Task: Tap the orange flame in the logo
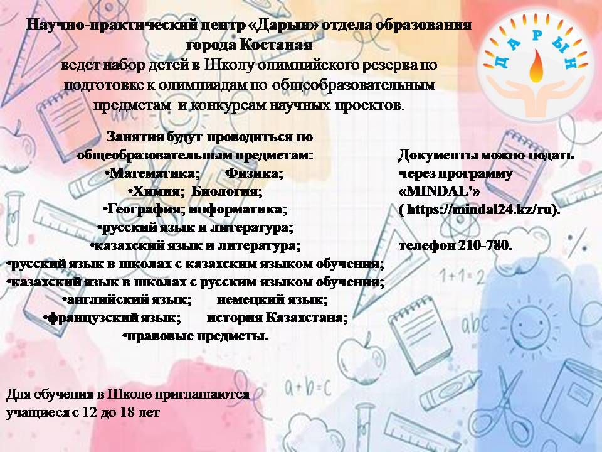(536, 68)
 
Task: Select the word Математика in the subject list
(153, 173)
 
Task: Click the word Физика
(253, 173)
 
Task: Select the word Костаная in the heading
(276, 45)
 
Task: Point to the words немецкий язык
(271, 299)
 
